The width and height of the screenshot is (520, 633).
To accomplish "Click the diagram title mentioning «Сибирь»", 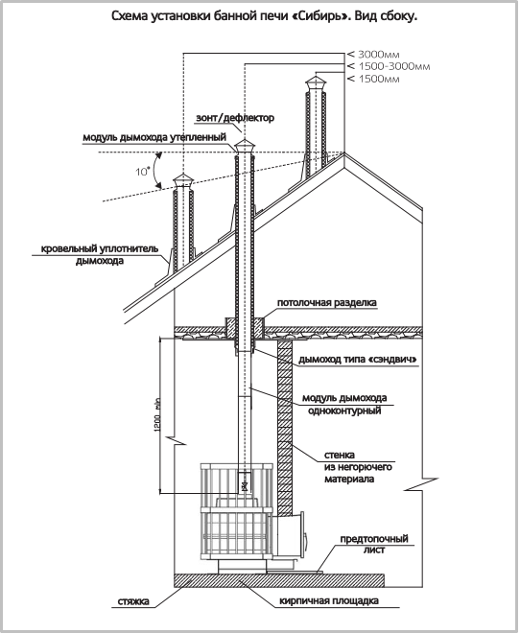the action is click(264, 16).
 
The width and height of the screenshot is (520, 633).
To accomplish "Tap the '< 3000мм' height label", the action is click(373, 54).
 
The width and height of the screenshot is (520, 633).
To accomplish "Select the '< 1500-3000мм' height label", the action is click(389, 66).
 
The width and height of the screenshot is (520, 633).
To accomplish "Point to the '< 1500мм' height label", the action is click(373, 79).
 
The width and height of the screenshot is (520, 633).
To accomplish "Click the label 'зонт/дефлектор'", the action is click(235, 118).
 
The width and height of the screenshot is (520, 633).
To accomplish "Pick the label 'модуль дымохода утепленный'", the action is click(154, 138).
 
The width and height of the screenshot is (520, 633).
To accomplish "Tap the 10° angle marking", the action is click(142, 172).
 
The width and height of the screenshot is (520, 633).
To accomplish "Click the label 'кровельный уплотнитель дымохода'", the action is click(100, 255).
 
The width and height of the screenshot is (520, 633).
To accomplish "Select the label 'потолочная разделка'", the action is click(326, 303).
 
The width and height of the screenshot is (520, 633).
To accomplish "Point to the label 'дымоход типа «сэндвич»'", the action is click(358, 360).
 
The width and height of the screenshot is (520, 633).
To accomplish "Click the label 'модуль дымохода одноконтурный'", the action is click(344, 405).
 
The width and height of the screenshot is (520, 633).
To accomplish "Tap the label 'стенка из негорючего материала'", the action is click(358, 467).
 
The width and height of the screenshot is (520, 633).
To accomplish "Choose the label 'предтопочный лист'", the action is click(374, 544).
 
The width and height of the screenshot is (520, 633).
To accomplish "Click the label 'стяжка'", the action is click(133, 601).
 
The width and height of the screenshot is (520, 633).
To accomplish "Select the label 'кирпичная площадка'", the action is click(329, 601).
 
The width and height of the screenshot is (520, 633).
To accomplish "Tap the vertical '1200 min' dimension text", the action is click(157, 415).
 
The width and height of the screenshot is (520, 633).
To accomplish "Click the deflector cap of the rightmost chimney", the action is click(316, 83).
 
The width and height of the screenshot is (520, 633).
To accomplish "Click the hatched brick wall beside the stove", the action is click(285, 429).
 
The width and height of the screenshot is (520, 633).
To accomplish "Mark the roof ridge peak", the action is click(344, 153).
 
